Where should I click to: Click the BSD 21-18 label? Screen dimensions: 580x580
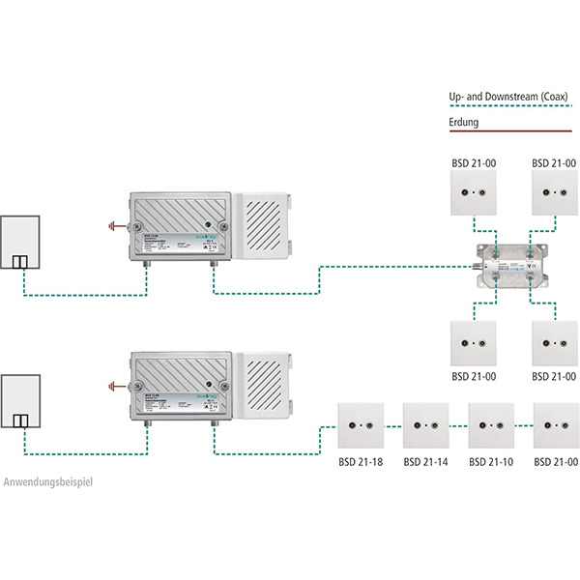point(361,463)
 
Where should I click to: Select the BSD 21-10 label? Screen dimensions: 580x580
point(490,463)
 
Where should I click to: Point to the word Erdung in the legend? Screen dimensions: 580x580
point(464,123)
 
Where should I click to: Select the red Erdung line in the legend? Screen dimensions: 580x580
point(511,131)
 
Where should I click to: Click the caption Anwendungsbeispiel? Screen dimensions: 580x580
point(49,481)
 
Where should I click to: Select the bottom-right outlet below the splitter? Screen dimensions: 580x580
point(557,342)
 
